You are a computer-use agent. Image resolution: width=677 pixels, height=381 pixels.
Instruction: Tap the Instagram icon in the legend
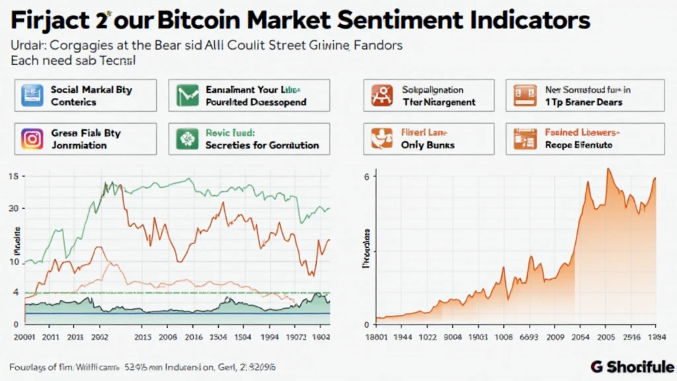(x=30, y=138)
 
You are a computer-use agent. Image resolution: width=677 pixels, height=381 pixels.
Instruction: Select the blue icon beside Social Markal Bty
(x=30, y=95)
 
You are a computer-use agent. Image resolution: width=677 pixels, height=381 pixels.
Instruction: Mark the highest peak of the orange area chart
(x=608, y=169)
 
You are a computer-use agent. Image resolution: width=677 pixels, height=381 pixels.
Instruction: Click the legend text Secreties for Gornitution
(x=262, y=145)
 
